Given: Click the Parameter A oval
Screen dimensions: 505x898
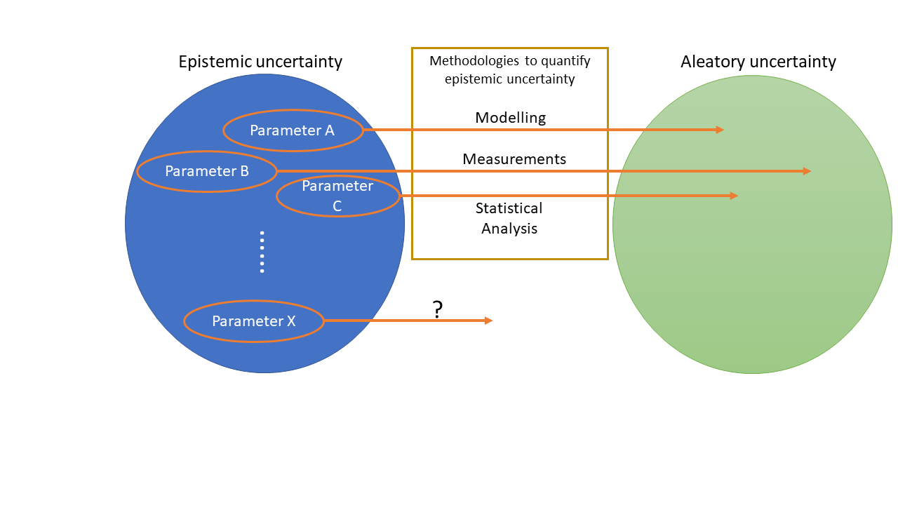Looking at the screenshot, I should click(293, 130).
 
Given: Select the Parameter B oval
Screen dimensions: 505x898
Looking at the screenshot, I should click(207, 171).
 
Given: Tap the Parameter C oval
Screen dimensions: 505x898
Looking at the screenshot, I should click(338, 196).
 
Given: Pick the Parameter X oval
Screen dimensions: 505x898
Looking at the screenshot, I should click(254, 321).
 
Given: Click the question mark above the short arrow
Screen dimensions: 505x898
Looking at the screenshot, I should click(438, 309).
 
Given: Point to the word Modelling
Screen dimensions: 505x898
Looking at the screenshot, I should click(510, 118).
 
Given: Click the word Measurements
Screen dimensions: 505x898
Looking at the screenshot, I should click(514, 159).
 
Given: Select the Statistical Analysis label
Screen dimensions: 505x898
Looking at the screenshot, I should click(509, 218).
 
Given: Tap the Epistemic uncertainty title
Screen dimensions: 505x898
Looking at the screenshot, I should click(260, 62).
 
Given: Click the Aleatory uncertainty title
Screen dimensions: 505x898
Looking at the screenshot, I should click(758, 62).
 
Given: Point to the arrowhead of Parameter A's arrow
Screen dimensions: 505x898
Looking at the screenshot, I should click(720, 130).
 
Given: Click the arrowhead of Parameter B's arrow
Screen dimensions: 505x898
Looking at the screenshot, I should click(807, 171).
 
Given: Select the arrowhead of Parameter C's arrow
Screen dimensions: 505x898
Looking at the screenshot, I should click(734, 196).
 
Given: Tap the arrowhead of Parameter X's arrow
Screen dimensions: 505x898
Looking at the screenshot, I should click(489, 321).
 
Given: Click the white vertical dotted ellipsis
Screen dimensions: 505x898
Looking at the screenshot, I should click(262, 252).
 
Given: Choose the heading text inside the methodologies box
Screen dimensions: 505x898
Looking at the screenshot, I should click(510, 70).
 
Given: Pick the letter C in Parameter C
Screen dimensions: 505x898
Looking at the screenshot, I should click(337, 206).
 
